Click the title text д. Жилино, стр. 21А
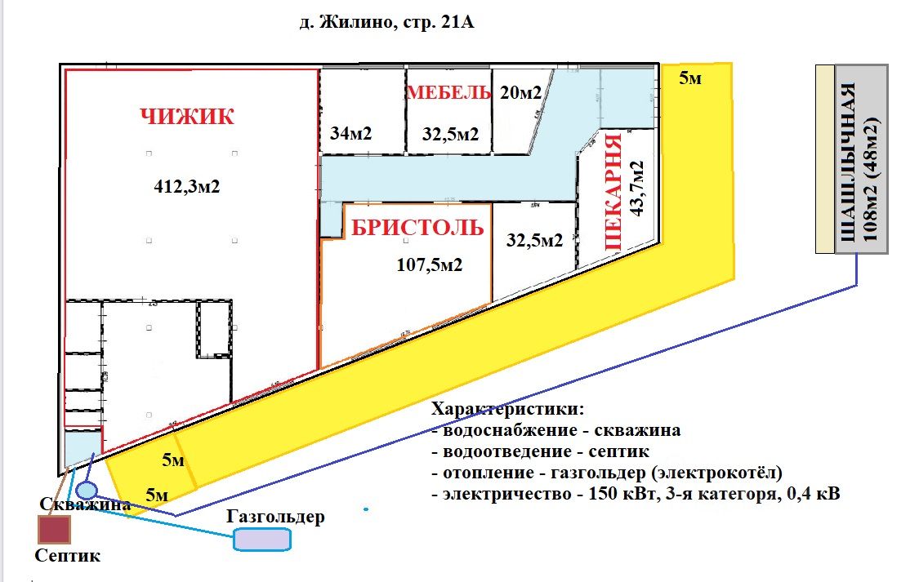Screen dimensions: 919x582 coord(386,24)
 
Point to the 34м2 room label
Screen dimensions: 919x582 coord(351,133)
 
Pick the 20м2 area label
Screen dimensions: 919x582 coord(520,92)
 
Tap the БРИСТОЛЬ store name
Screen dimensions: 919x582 coord(417,227)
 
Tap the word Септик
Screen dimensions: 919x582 coord(67,556)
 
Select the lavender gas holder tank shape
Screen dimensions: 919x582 coord(262,540)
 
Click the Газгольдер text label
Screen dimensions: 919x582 coord(276,517)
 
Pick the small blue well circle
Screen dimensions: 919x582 coord(87,491)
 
